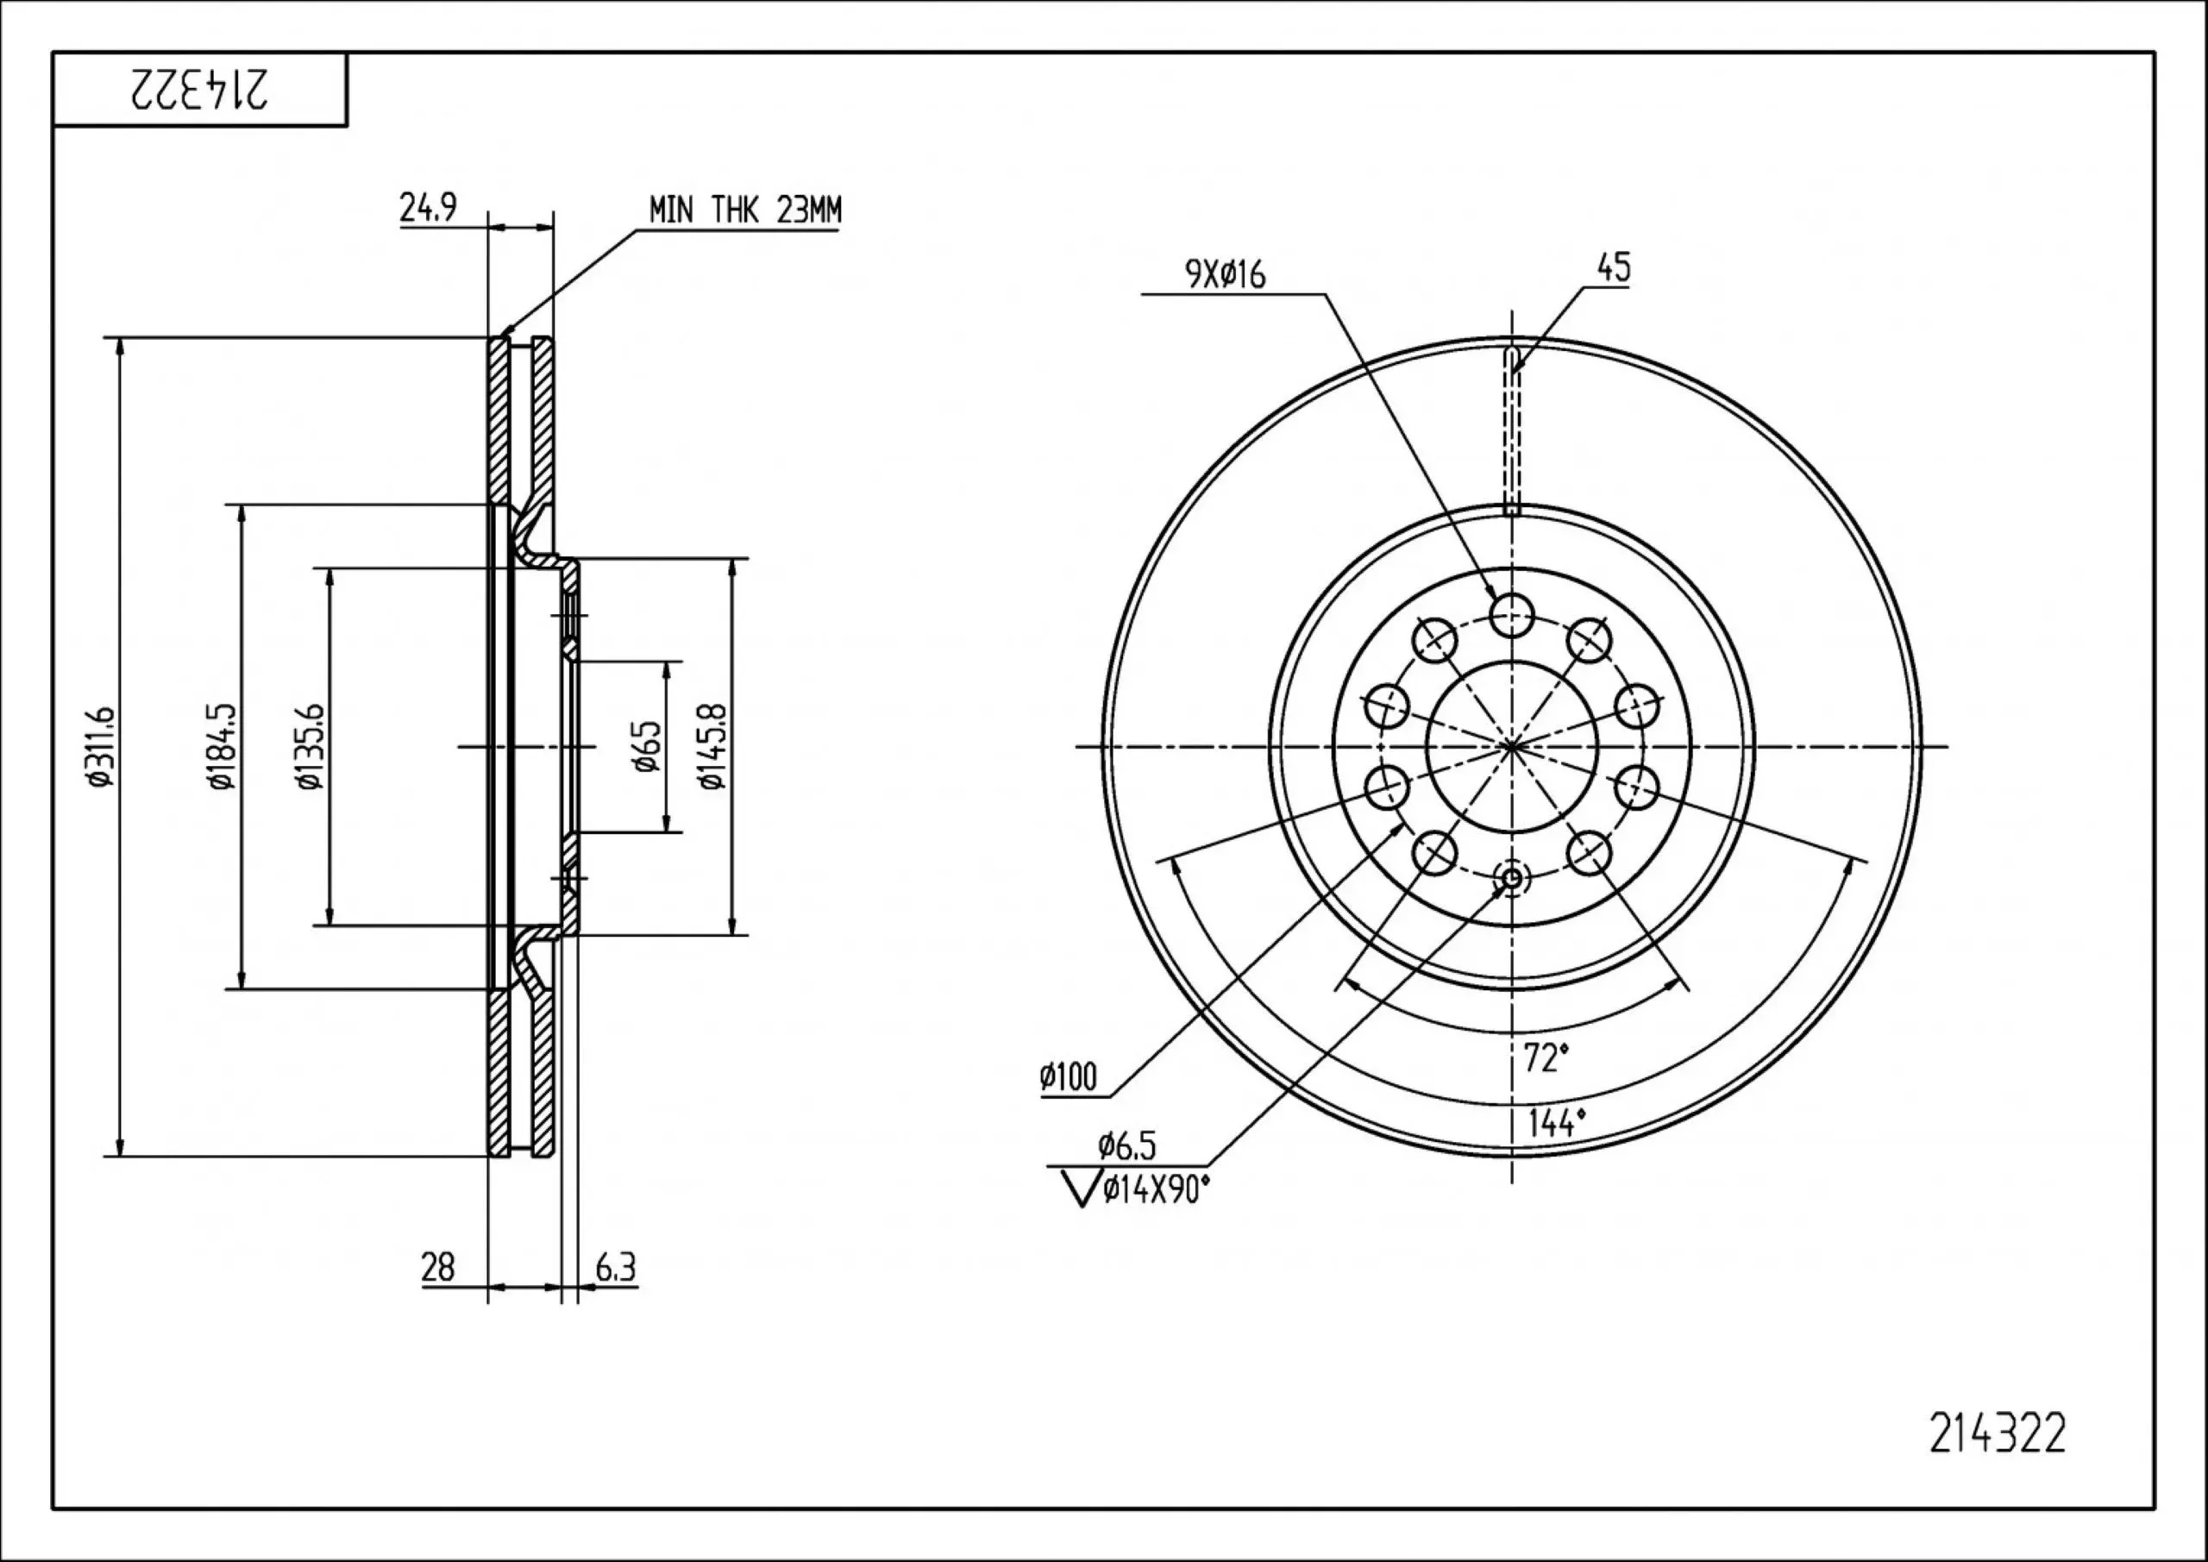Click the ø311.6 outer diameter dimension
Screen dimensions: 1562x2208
pos(101,746)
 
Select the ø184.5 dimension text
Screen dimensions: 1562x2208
pos(221,746)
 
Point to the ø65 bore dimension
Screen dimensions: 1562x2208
pos(647,746)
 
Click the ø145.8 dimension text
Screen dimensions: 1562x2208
pos(712,746)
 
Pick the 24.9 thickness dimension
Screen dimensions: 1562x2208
pos(428,208)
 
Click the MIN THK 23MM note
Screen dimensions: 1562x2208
pos(744,210)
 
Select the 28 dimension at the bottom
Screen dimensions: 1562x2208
pos(437,1267)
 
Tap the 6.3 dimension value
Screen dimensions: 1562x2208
pos(616,1267)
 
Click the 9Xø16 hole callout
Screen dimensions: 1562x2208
pos(1225,275)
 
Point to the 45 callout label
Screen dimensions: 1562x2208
pos(1614,267)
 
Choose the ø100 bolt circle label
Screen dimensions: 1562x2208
pos(1068,1077)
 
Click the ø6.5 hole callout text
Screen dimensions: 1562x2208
pos(1127,1145)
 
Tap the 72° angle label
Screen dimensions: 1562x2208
pos(1546,1058)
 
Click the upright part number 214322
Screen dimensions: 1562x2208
pos(1997,1460)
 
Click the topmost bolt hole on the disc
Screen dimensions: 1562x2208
pos(1512,613)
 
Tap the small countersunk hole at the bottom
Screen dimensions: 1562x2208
pos(1512,877)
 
